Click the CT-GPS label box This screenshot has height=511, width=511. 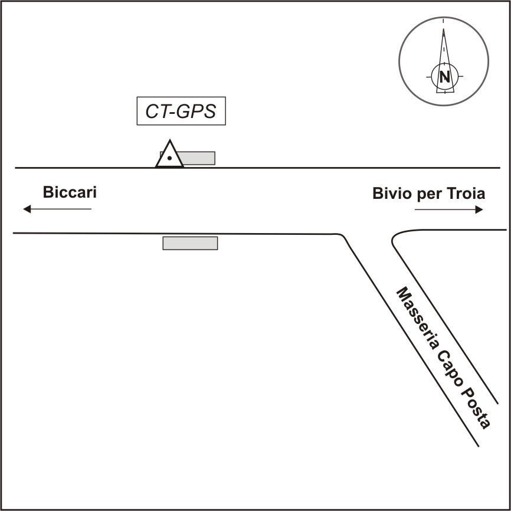[181, 111]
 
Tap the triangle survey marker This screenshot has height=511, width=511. [169, 155]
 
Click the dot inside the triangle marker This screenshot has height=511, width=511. [170, 158]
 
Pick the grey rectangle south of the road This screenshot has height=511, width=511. [190, 243]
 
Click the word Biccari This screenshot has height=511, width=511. [69, 192]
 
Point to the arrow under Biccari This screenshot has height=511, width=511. [57, 209]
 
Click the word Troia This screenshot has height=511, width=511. [466, 193]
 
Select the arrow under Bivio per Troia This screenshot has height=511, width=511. [449, 209]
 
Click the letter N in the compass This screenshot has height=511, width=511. [444, 76]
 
